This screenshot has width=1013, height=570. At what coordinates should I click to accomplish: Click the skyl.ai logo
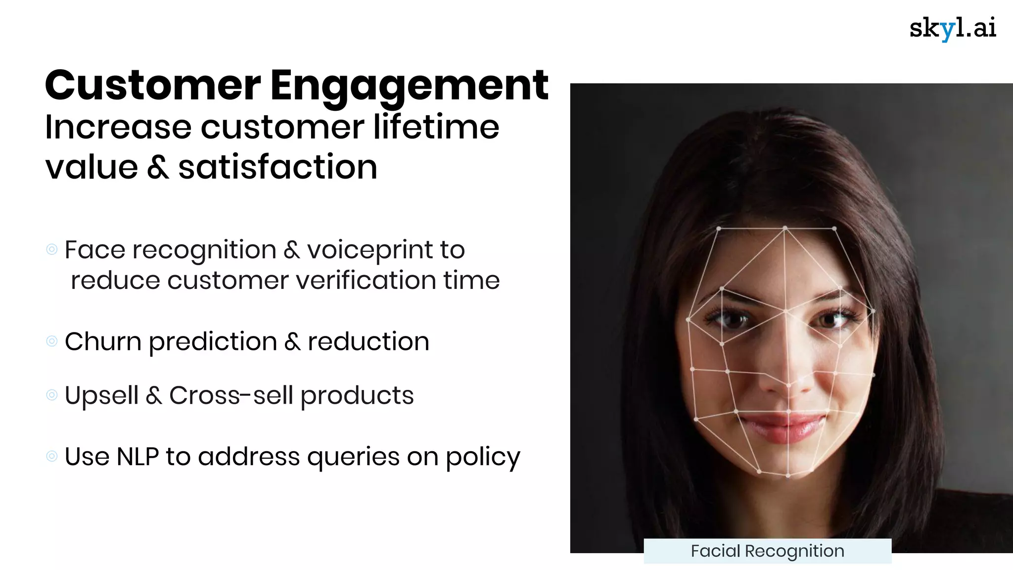click(x=952, y=28)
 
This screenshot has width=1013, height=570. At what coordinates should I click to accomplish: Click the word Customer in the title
click(x=153, y=85)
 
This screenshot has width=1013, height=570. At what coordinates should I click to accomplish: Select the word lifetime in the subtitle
click(x=436, y=127)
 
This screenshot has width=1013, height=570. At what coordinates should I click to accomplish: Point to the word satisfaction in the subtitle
click(x=277, y=167)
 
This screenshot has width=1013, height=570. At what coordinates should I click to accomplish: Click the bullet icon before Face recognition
click(x=52, y=249)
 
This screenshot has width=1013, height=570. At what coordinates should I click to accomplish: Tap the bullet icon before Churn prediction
click(x=52, y=341)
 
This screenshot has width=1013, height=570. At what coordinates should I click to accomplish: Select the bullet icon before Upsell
click(x=52, y=395)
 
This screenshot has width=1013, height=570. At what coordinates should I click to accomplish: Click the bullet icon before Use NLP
click(x=52, y=456)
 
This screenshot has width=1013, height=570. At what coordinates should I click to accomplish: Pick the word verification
click(x=366, y=280)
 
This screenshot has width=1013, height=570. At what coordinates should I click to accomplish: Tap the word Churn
click(x=103, y=341)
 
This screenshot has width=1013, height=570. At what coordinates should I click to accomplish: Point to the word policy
click(x=483, y=457)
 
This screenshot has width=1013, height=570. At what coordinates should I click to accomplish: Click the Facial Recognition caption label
click(x=767, y=551)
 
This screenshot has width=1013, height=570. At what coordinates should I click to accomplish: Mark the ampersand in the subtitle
click(x=158, y=168)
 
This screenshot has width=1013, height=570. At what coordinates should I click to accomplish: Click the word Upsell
click(x=101, y=396)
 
